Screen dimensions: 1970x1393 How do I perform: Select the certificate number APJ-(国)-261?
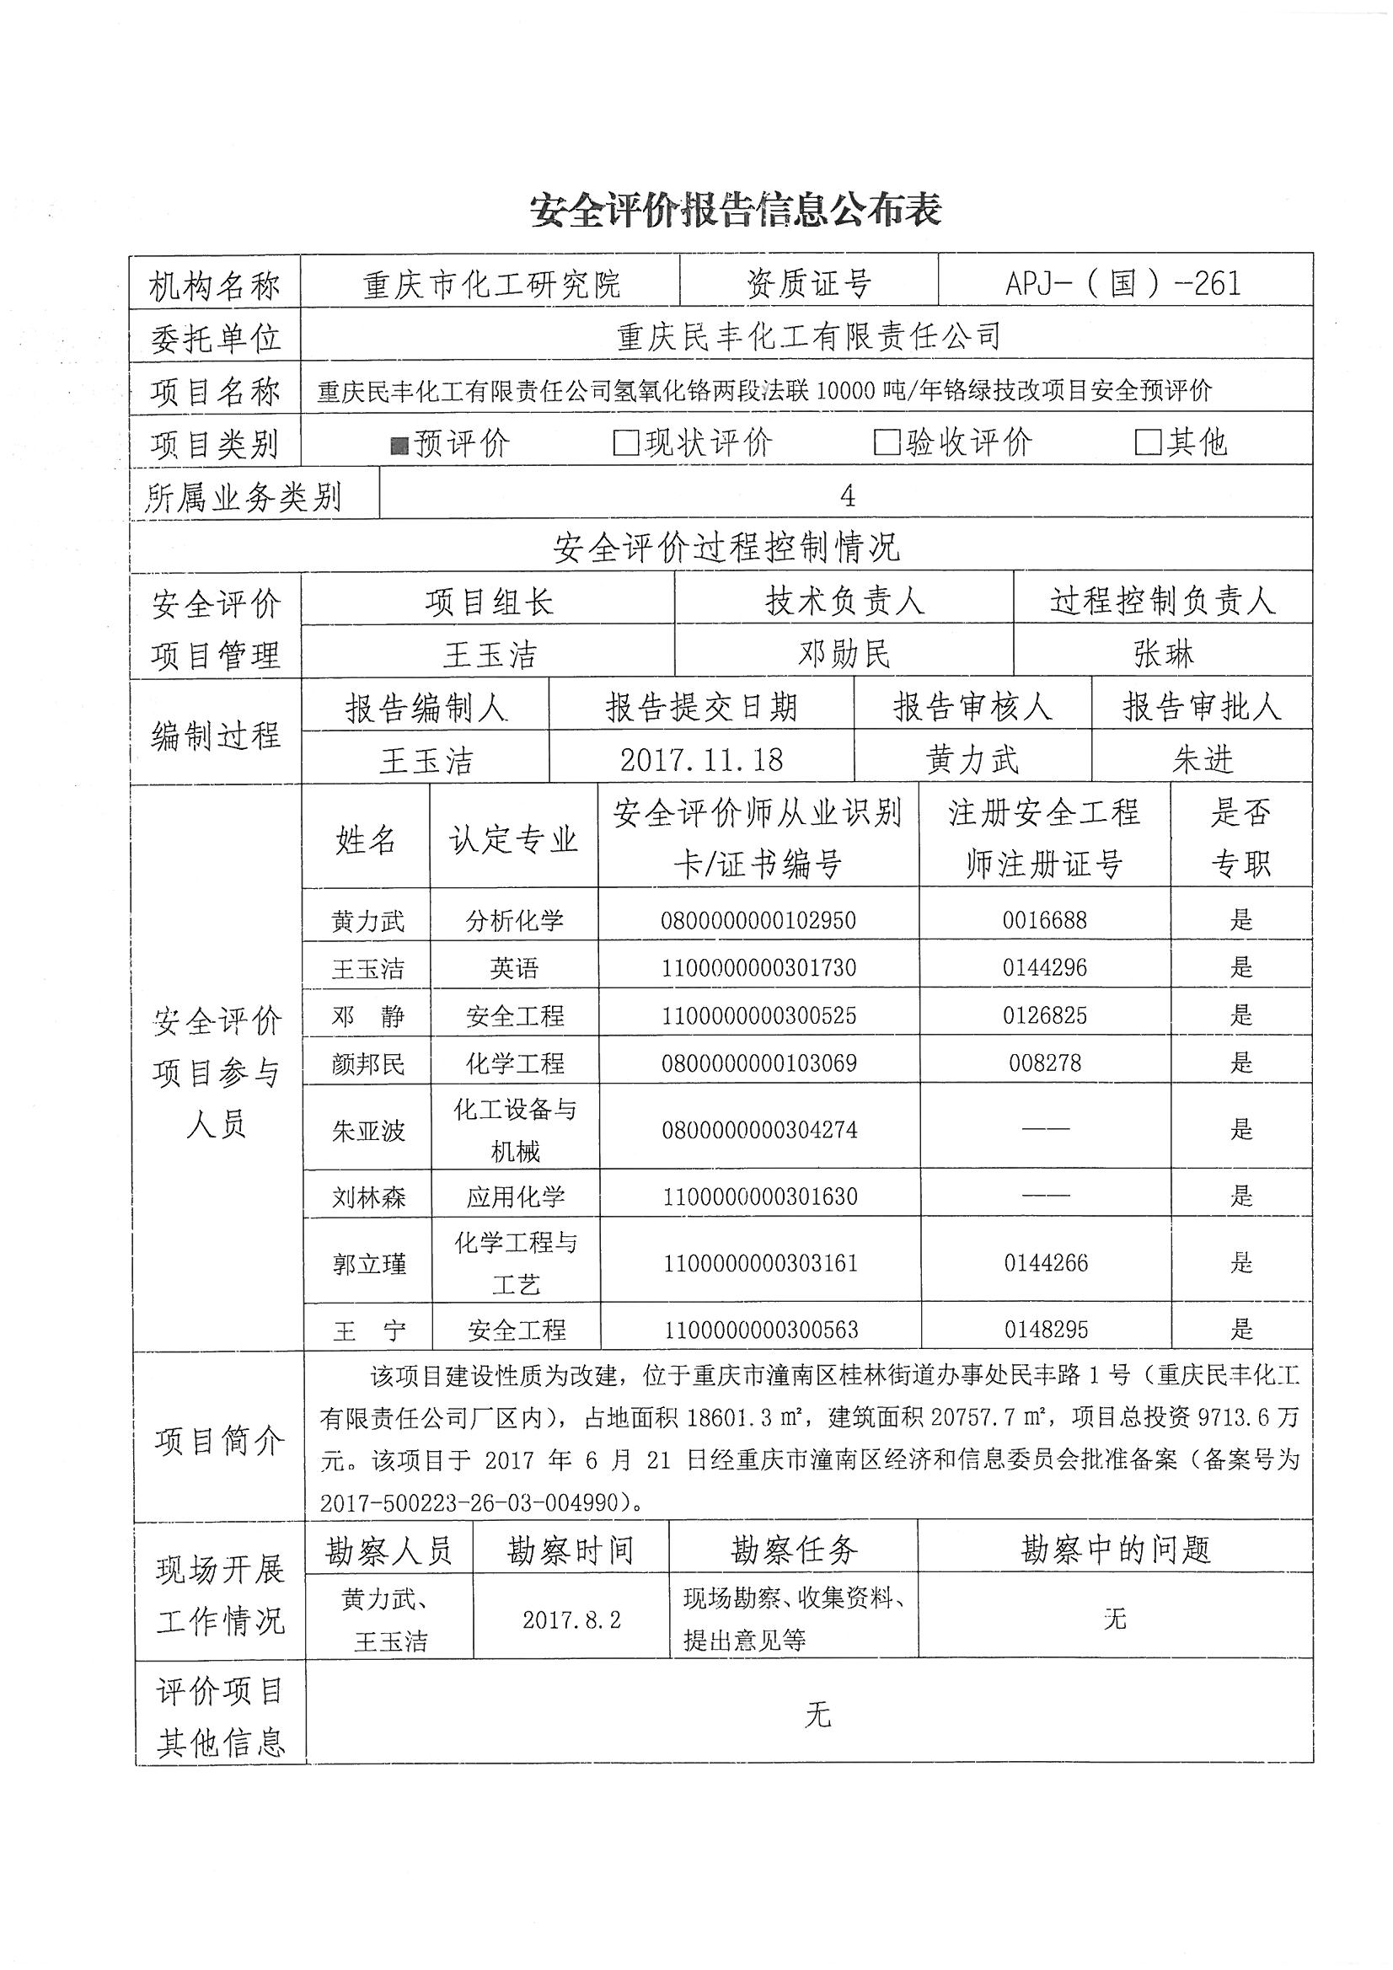(x=1123, y=283)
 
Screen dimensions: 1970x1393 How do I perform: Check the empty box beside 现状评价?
(x=625, y=442)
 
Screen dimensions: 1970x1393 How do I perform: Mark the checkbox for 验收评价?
(x=886, y=442)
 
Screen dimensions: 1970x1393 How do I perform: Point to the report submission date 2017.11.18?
(x=701, y=758)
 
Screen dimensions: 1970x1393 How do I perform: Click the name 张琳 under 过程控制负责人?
(x=1163, y=654)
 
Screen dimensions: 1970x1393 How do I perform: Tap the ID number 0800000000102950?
(x=758, y=921)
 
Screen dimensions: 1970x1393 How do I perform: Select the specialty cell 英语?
(x=514, y=969)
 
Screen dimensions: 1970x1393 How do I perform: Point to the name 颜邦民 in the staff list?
(x=368, y=1064)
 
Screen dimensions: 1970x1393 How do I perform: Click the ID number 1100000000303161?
(x=760, y=1263)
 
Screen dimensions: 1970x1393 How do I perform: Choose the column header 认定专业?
(x=513, y=839)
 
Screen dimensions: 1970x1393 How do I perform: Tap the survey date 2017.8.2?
(x=571, y=1620)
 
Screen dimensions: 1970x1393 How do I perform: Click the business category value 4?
(x=847, y=495)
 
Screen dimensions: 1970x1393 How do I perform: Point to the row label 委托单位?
(x=216, y=338)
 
